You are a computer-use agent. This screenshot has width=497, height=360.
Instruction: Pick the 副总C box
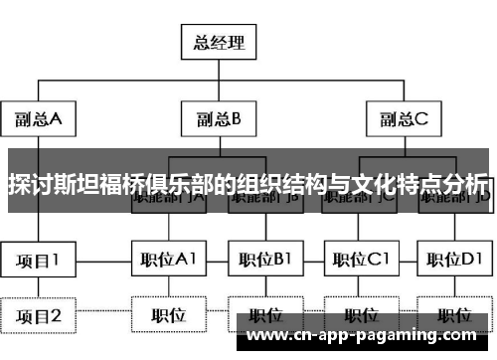403,120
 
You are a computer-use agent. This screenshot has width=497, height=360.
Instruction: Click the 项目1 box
39,261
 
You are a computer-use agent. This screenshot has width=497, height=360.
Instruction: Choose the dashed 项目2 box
39,316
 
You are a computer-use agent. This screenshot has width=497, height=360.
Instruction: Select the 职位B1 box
264,261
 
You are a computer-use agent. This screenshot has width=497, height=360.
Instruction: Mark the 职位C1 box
360,261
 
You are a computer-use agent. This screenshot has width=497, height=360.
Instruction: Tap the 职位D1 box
455,261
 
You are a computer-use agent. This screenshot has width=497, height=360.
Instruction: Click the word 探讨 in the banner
29,185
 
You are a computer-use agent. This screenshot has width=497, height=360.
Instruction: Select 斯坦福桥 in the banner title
98,185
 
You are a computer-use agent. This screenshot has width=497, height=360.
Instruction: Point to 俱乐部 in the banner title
184,185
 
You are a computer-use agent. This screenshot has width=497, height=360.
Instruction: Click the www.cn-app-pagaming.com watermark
368,337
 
